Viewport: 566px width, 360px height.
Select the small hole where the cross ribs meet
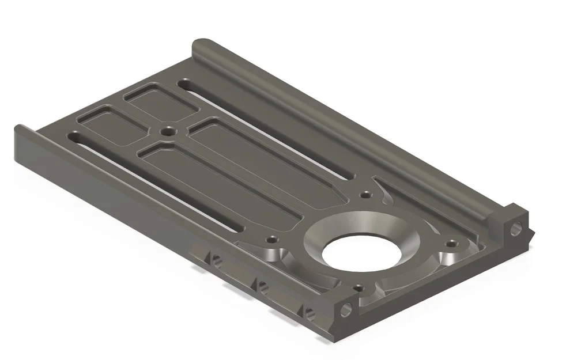coord(168,132)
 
